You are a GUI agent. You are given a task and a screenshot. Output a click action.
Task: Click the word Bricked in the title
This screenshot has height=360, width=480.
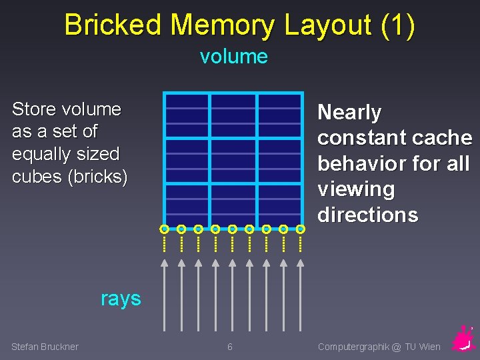[113, 25]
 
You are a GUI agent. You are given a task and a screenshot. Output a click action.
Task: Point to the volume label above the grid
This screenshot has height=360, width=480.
[233, 57]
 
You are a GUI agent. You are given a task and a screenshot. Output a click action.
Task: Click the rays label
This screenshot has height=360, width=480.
[121, 299]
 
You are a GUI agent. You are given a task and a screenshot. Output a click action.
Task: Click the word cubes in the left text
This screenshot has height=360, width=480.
[34, 177]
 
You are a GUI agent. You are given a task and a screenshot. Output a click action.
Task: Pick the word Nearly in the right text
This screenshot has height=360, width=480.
[349, 113]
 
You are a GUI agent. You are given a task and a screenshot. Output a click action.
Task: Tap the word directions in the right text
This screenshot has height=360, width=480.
[367, 215]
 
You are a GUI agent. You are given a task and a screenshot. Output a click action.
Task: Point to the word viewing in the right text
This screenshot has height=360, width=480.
[356, 189]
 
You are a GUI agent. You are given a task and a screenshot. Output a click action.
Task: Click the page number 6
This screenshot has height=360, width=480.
[230, 347]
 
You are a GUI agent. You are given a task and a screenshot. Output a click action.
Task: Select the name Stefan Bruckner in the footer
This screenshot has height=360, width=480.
[45, 347]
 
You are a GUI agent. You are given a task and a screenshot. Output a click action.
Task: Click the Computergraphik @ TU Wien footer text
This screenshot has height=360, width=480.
[379, 347]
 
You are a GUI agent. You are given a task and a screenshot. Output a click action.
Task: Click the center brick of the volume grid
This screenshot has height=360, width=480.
[233, 160]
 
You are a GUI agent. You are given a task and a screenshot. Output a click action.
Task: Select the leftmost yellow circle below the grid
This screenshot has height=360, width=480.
[164, 229]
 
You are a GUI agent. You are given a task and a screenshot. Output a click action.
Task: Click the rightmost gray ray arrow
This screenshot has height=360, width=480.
[300, 293]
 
